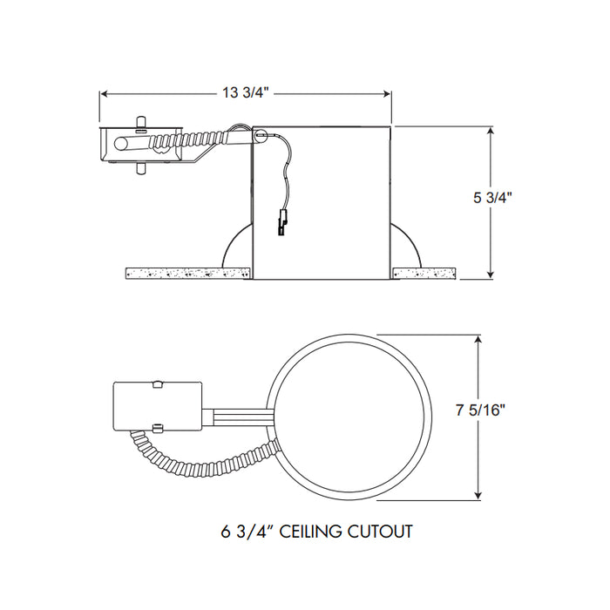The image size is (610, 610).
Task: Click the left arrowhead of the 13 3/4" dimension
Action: (105, 93)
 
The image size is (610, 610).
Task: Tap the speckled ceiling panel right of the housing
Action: (424, 273)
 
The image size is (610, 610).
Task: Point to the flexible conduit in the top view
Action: (200, 461)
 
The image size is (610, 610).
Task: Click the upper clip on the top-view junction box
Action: (157, 383)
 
